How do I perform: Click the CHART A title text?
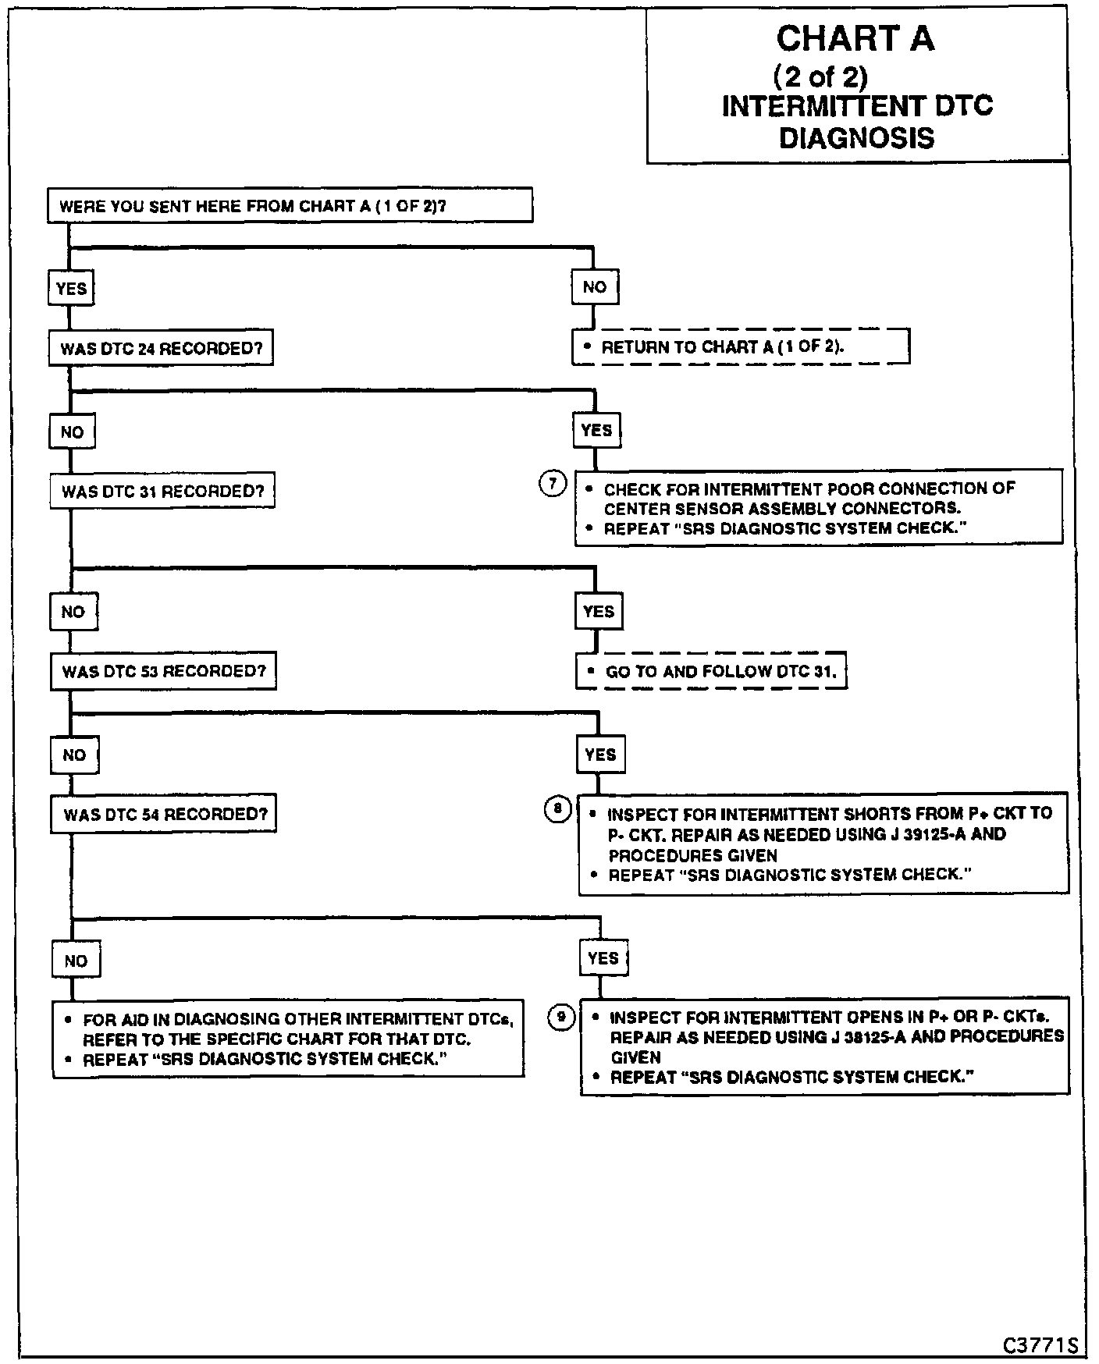(x=855, y=38)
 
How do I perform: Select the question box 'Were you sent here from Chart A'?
(x=290, y=206)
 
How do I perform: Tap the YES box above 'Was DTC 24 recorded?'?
(x=71, y=289)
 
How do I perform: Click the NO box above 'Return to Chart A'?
(x=595, y=287)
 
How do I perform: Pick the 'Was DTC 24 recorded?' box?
(x=162, y=348)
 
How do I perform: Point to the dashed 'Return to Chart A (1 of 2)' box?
(x=740, y=346)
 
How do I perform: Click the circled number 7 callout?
(x=552, y=484)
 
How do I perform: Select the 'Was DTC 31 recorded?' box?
(x=163, y=492)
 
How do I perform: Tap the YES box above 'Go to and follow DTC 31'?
(x=599, y=611)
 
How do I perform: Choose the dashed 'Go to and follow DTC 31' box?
(x=711, y=671)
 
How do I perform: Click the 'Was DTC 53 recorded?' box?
(x=164, y=671)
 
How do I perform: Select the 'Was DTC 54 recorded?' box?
(x=165, y=815)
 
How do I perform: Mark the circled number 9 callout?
(x=560, y=1017)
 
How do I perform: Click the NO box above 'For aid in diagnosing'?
(x=76, y=961)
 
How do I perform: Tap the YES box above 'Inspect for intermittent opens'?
(x=603, y=958)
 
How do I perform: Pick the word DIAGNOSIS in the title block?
(x=856, y=138)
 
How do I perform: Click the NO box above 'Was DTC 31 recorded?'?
(x=72, y=432)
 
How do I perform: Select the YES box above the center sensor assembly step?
(x=597, y=430)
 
